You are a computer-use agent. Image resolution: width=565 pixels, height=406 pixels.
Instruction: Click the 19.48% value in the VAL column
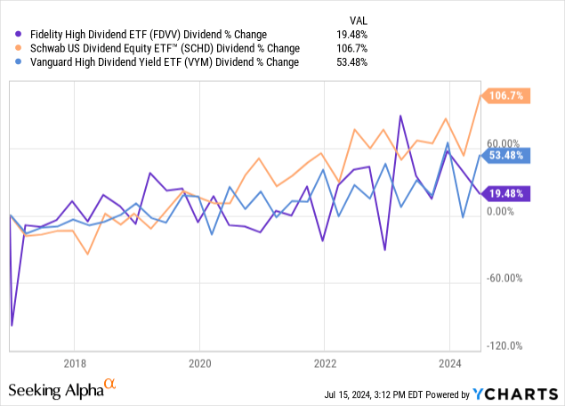[352, 34]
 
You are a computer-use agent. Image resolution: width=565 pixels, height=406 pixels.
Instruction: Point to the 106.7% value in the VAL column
[353, 48]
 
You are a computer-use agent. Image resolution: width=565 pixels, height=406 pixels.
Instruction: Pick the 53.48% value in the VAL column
[352, 62]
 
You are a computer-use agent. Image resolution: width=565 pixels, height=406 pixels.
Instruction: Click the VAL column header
[357, 19]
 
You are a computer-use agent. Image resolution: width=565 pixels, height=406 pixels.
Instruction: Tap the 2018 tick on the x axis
[75, 363]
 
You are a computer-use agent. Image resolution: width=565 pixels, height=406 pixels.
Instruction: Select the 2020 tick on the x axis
[200, 363]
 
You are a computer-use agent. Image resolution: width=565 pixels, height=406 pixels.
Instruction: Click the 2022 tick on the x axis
[325, 363]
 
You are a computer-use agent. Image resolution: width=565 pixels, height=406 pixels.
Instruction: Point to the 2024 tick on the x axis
[449, 363]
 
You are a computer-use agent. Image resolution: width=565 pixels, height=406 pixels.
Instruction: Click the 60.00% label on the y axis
[503, 143]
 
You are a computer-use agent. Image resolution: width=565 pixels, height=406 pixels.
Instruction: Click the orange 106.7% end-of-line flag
[507, 95]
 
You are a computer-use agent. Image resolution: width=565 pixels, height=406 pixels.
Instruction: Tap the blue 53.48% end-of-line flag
[507, 155]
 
